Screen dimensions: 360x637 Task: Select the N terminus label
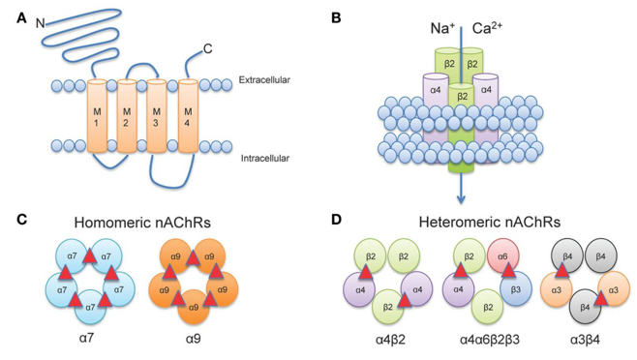(39, 21)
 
